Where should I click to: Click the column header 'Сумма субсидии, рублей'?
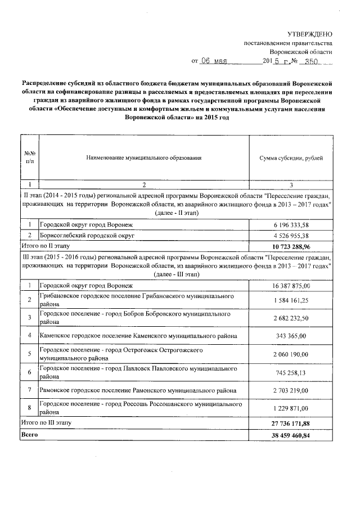click(291, 159)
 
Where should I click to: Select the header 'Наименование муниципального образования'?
click(144, 159)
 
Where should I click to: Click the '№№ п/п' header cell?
click(30, 158)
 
